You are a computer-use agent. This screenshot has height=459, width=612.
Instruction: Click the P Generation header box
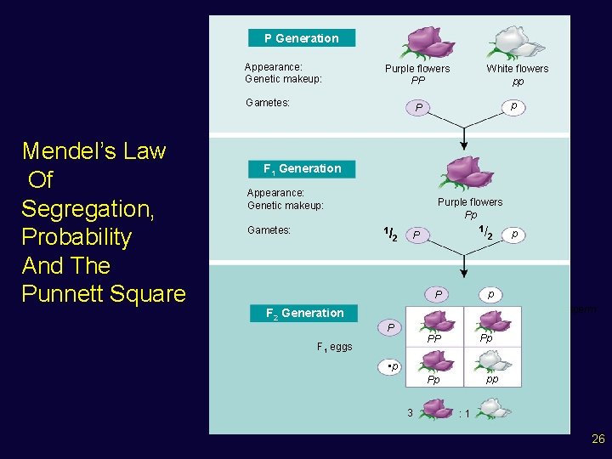[x=302, y=38]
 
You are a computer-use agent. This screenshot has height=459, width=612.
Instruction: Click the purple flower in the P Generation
[x=418, y=42]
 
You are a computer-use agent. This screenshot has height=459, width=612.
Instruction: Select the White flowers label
[x=518, y=69]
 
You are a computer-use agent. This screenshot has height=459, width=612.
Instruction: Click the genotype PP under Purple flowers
[x=417, y=82]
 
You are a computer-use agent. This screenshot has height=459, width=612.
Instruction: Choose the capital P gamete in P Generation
[x=417, y=108]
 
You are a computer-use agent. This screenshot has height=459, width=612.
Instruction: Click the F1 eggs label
[x=334, y=347]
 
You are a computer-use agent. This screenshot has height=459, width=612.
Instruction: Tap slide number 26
[x=598, y=439]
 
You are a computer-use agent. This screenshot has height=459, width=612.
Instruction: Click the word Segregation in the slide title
[x=76, y=208]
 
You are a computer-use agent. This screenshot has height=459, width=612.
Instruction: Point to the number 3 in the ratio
[x=410, y=412]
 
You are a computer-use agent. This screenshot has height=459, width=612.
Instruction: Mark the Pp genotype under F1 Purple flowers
[x=470, y=215]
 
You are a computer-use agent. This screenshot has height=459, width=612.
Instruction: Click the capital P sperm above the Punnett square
[x=438, y=294]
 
